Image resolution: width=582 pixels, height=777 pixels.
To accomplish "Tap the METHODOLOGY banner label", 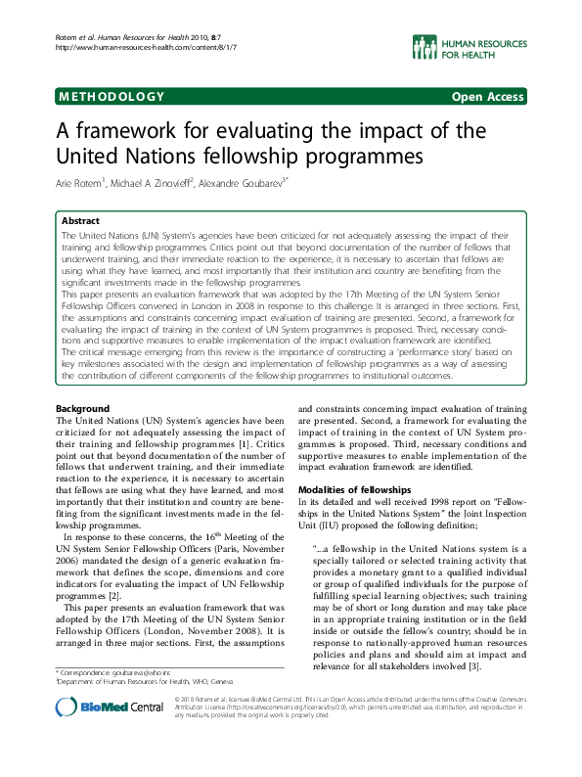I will (x=110, y=96).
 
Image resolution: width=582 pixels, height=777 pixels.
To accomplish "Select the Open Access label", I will (x=487, y=96).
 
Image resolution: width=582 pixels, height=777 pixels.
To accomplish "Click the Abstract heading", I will (x=80, y=221).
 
